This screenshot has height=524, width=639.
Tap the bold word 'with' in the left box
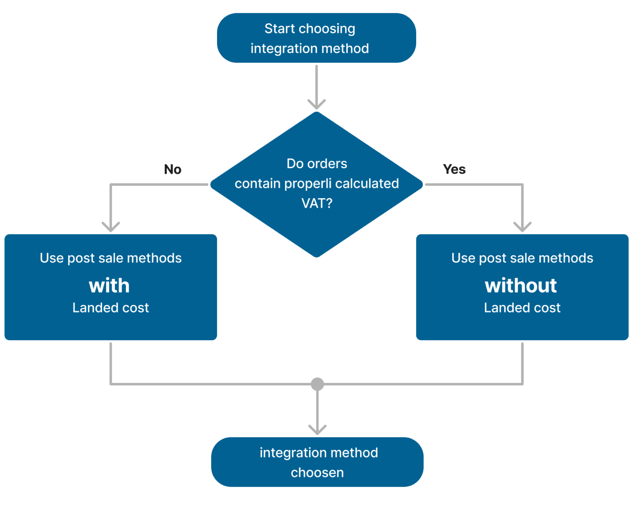[109, 286]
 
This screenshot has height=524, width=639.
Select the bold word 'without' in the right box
[521, 286]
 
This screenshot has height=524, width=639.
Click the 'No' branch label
[173, 170]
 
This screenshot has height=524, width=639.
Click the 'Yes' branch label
[454, 169]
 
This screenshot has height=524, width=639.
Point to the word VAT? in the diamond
[317, 203]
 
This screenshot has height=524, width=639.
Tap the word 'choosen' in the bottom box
[317, 472]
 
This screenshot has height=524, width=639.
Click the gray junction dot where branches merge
[317, 384]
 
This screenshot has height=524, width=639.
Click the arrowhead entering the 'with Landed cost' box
[111, 227]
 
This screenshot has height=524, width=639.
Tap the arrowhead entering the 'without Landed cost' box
[522, 227]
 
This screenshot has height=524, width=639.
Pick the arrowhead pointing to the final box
[317, 430]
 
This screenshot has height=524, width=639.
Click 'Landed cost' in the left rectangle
[111, 308]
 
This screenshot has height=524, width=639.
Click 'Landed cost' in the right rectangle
[522, 308]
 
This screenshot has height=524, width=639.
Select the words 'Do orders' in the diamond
[317, 164]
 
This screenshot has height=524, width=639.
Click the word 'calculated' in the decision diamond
[367, 184]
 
